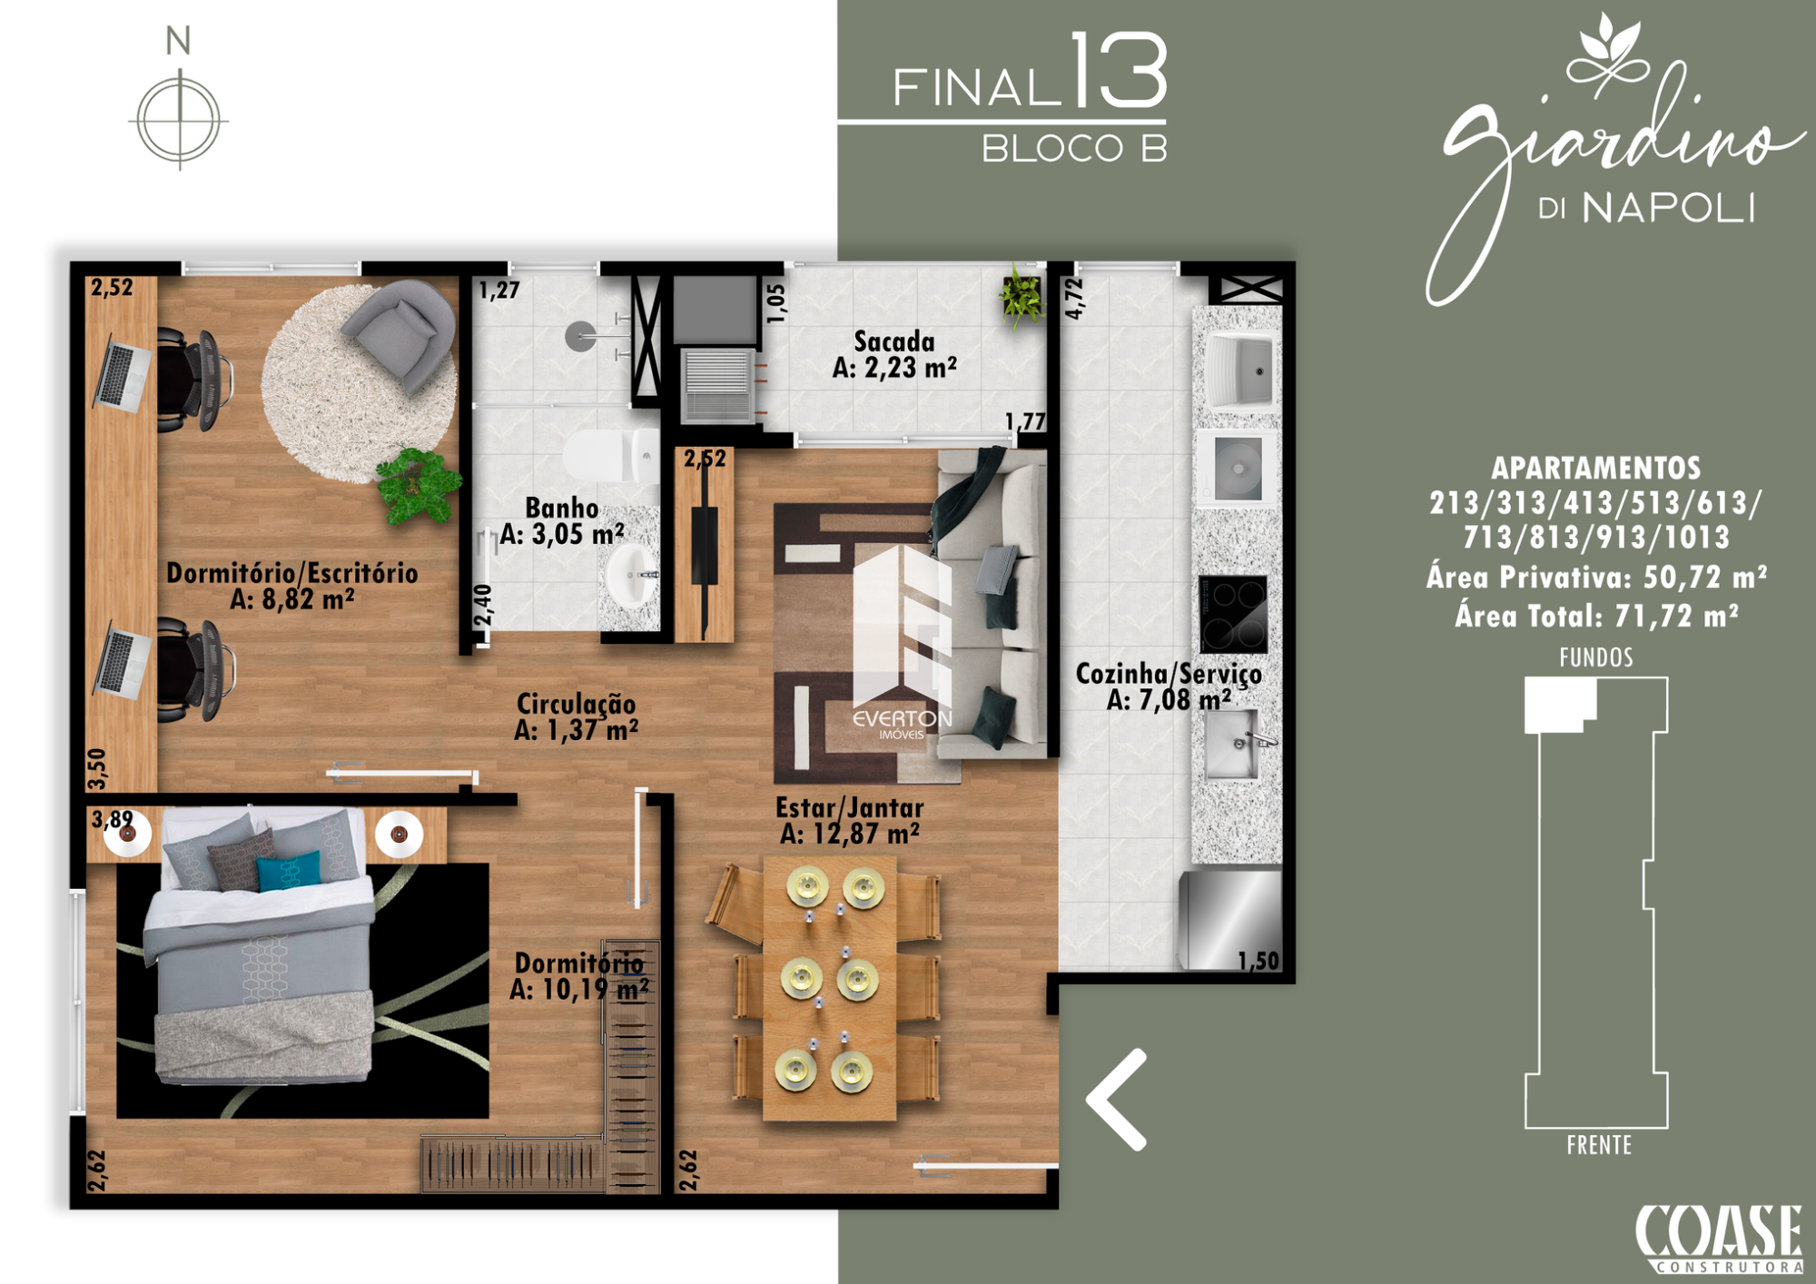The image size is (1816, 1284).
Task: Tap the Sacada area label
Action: [x=894, y=355]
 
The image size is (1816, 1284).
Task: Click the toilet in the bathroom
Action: [x=611, y=456]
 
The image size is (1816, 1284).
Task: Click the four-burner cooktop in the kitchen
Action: [x=1233, y=613]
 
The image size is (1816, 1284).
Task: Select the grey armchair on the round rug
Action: [x=400, y=332]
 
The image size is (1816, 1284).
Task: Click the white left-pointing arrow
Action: [x=1118, y=1100]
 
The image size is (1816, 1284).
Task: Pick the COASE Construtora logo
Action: [x=1719, y=1238]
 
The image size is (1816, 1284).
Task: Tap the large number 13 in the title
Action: [x=1118, y=69]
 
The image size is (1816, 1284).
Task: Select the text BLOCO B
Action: [x=1074, y=149]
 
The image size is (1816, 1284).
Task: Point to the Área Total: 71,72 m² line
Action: [x=1597, y=616]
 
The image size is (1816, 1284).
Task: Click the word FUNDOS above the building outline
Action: [x=1596, y=657]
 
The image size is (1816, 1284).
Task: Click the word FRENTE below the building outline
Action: [x=1599, y=1145]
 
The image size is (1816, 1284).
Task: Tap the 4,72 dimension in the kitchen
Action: [x=1074, y=298]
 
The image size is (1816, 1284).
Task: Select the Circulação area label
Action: [x=576, y=716]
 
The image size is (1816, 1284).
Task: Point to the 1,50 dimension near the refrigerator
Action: [x=1258, y=961]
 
